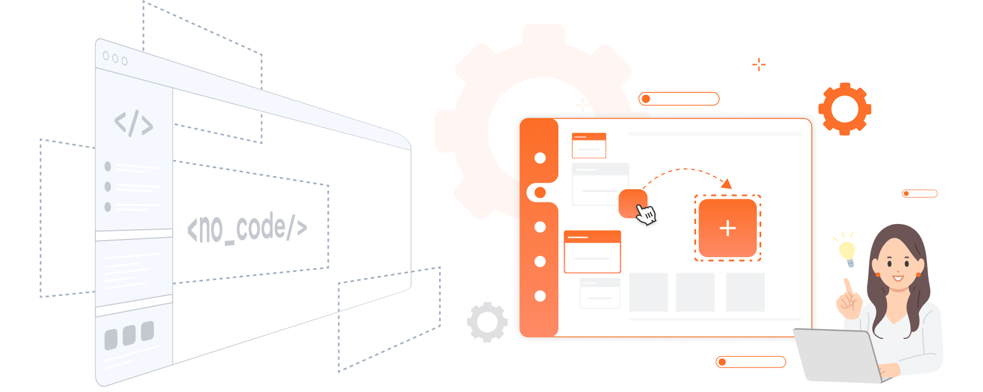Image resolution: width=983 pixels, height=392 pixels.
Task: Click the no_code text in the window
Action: [247, 228]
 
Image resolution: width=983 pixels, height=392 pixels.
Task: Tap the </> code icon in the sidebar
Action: [134, 123]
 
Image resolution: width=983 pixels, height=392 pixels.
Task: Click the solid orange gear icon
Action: [845, 109]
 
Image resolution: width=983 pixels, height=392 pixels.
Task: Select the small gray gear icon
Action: [487, 322]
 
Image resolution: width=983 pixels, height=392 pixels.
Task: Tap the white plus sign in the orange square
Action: [728, 229]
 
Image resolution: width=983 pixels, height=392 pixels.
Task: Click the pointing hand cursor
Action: [646, 214]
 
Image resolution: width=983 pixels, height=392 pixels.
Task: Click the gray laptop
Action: [838, 355]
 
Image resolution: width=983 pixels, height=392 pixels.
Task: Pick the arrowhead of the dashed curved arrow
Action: [727, 183]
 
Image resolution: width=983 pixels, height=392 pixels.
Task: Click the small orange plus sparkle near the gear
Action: [759, 65]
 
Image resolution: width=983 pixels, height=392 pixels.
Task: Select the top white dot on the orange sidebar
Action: [540, 158]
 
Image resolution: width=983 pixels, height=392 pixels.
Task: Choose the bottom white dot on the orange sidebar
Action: [540, 296]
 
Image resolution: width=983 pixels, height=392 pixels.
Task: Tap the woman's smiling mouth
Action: [898, 278]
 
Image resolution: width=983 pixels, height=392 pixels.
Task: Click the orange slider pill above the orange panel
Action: [679, 99]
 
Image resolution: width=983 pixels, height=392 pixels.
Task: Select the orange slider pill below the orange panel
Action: [751, 362]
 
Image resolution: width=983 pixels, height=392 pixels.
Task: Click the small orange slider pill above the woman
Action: [920, 194]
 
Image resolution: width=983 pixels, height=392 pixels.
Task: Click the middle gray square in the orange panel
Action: [695, 292]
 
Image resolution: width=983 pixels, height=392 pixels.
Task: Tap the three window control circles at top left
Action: [115, 58]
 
